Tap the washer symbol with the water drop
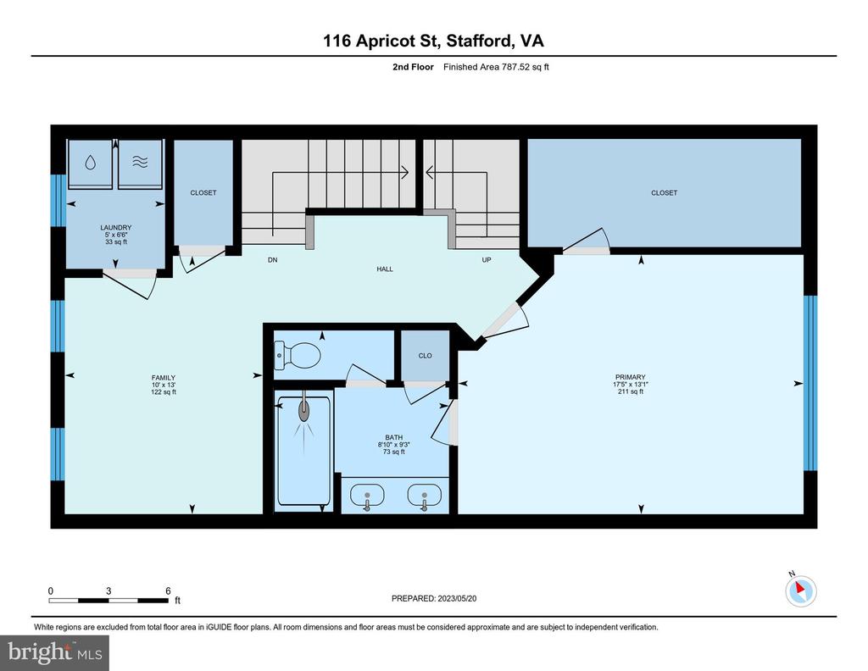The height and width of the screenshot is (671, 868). point(90,163)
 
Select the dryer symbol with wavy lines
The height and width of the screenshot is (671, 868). point(140,163)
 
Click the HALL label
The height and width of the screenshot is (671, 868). point(385,269)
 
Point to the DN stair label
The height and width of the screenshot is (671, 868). point(272,259)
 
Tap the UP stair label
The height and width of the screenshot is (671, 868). point(486,259)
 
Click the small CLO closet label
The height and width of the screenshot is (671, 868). point(426,356)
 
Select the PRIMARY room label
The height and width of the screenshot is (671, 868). point(630,377)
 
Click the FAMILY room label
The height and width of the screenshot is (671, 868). point(164,378)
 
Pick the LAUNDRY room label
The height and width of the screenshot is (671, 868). point(115,227)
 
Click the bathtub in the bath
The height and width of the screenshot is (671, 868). point(304,451)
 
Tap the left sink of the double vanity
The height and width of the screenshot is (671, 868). point(366,495)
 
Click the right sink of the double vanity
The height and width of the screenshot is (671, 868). point(424,495)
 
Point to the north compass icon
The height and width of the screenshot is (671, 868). point(800,590)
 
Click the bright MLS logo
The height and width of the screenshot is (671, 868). point(54,652)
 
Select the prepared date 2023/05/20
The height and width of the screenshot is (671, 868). point(457,598)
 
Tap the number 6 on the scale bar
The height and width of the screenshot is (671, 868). point(168,591)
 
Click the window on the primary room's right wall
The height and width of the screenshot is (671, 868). point(810,383)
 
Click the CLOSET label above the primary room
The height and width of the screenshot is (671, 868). point(664,192)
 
